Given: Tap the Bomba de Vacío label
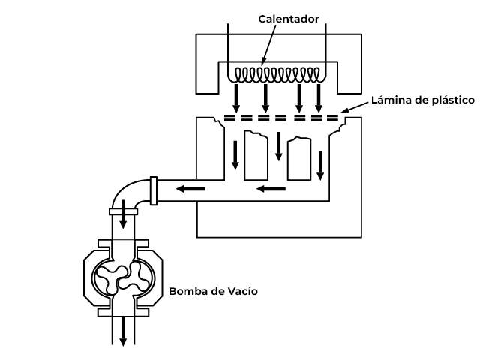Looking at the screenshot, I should click(213, 290).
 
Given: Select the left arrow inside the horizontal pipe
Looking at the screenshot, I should click(191, 188).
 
